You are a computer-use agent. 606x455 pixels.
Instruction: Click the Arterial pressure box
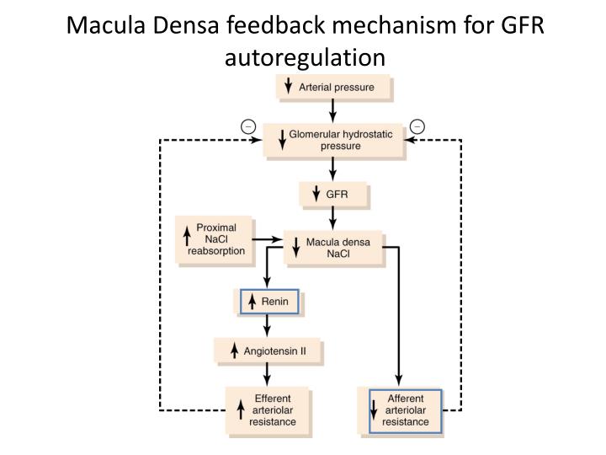pos(334,86)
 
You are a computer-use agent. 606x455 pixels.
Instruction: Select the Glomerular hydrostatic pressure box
pos(334,139)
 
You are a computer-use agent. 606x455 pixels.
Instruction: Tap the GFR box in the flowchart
pos(334,195)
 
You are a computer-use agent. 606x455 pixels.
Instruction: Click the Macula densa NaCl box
pos(334,248)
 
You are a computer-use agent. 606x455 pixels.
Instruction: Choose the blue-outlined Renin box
pos(269,302)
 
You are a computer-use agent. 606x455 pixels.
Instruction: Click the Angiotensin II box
pos(269,349)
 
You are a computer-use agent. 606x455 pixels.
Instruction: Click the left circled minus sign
pos(247,127)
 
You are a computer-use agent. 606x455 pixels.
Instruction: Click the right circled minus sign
pos(417,127)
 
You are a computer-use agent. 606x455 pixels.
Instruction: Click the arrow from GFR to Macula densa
pos(334,218)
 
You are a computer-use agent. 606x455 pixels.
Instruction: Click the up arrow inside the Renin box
pos(251,302)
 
